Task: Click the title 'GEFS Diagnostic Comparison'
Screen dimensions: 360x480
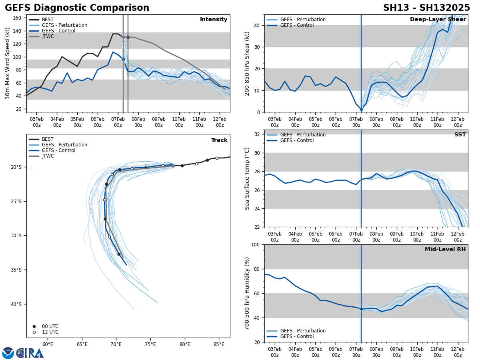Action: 77,8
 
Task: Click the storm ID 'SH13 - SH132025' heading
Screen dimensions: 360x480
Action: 426,8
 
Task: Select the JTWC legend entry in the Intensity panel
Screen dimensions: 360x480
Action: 48,36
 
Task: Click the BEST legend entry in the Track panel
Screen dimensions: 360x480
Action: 48,139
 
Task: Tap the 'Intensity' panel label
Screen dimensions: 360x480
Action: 214,20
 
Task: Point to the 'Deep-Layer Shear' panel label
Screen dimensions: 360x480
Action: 438,20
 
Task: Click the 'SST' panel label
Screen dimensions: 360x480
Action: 460,135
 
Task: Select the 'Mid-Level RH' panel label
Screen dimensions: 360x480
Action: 445,250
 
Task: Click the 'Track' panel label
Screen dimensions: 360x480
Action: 219,140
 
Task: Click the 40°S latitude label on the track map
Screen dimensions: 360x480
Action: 16,304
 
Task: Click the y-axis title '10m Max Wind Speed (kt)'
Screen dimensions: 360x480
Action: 8,63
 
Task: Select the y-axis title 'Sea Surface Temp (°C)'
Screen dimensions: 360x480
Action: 247,178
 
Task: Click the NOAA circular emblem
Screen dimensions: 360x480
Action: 8,353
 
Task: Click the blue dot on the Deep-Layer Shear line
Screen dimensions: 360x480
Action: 361,109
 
